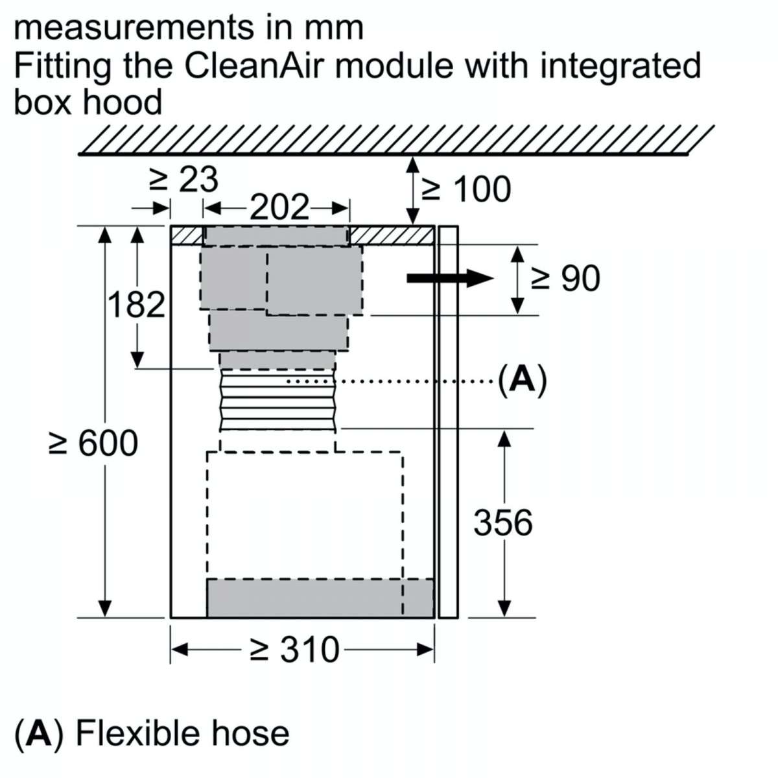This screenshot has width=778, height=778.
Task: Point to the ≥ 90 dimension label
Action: [x=566, y=278]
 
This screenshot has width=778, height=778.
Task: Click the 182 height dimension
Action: [x=137, y=304]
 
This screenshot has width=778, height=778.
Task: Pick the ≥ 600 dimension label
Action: [x=93, y=443]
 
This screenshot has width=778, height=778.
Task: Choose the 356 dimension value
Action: [x=503, y=523]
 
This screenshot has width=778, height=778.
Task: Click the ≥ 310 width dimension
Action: [x=294, y=650]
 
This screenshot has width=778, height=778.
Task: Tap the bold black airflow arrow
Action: [x=450, y=278]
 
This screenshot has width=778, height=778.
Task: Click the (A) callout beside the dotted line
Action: [x=523, y=381]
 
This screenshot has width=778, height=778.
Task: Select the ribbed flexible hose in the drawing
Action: [x=278, y=400]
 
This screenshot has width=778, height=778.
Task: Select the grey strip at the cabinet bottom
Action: [x=320, y=598]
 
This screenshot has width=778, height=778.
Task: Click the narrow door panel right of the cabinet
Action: [x=448, y=421]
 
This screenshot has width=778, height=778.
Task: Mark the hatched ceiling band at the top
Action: [x=395, y=140]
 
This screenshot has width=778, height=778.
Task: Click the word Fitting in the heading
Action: [x=63, y=67]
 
